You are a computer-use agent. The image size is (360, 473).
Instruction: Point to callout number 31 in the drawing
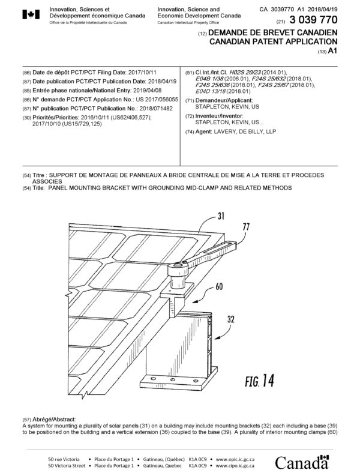coord(220,216)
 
